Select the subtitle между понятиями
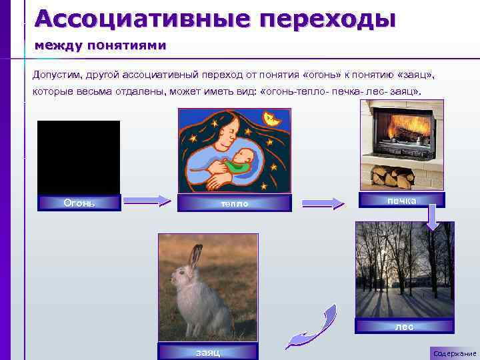[100, 45]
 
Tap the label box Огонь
[79, 203]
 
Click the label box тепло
[235, 203]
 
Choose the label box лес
[404, 326]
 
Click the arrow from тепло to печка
[323, 203]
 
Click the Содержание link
[454, 353]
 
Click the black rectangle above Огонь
[79, 157]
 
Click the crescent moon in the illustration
[271, 119]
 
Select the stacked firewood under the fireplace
[391, 177]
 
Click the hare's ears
[195, 257]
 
